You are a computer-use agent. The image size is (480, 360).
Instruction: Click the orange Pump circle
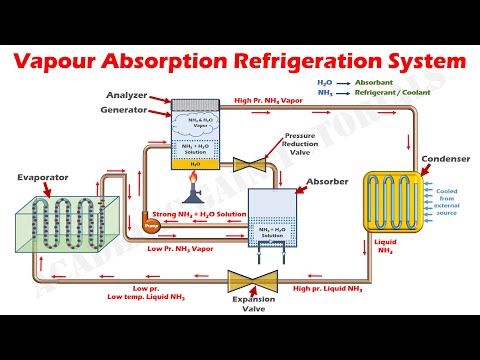(x=151, y=226)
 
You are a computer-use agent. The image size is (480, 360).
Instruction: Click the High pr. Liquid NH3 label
(x=328, y=288)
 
